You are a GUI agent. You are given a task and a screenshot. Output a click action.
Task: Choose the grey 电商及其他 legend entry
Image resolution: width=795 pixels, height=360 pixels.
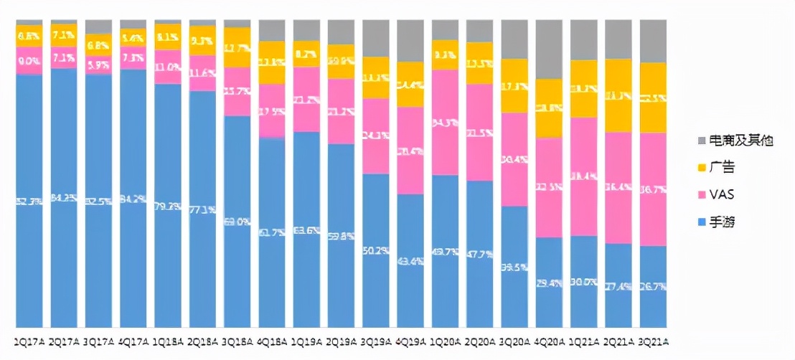pyautogui.click(x=735, y=141)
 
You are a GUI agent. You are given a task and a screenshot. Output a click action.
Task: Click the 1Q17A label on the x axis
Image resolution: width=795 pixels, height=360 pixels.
pyautogui.click(x=29, y=340)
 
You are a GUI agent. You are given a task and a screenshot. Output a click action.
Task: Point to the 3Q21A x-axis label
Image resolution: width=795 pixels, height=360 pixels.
pyautogui.click(x=654, y=340)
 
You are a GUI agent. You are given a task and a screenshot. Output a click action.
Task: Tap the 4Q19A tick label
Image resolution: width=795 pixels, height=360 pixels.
pyautogui.click(x=411, y=340)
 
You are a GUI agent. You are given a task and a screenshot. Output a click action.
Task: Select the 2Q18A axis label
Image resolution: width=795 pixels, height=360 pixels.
pyautogui.click(x=202, y=340)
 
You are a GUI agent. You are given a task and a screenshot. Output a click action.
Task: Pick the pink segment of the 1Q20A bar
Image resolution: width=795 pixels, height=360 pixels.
pyautogui.click(x=446, y=122)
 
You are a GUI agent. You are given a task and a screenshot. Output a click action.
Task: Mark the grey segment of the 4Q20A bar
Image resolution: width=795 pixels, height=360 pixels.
pyautogui.click(x=550, y=49)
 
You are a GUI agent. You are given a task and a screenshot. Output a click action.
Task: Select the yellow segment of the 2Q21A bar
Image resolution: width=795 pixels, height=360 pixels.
pyautogui.click(x=618, y=95)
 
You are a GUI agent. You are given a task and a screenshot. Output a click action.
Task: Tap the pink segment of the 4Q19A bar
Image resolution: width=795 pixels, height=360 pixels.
pyautogui.click(x=411, y=150)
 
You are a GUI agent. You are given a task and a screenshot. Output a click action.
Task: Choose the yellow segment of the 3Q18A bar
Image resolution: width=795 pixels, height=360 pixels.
pyautogui.click(x=237, y=47)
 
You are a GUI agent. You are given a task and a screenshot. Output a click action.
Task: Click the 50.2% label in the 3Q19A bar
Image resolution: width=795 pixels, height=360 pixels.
pyautogui.click(x=377, y=250)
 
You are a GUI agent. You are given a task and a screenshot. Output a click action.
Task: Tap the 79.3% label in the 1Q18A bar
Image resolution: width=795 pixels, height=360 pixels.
pyautogui.click(x=168, y=207)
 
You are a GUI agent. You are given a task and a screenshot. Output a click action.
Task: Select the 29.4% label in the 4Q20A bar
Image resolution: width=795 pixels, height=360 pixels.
pyautogui.click(x=550, y=284)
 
